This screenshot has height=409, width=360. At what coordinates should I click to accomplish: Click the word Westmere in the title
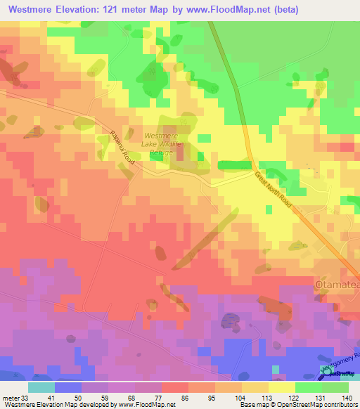32,10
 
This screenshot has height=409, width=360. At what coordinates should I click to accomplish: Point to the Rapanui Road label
122,143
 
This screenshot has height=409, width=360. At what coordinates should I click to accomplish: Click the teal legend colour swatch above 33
41,387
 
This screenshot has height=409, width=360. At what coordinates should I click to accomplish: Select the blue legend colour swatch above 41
67,387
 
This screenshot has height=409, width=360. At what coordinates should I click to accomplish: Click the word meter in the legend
8,397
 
